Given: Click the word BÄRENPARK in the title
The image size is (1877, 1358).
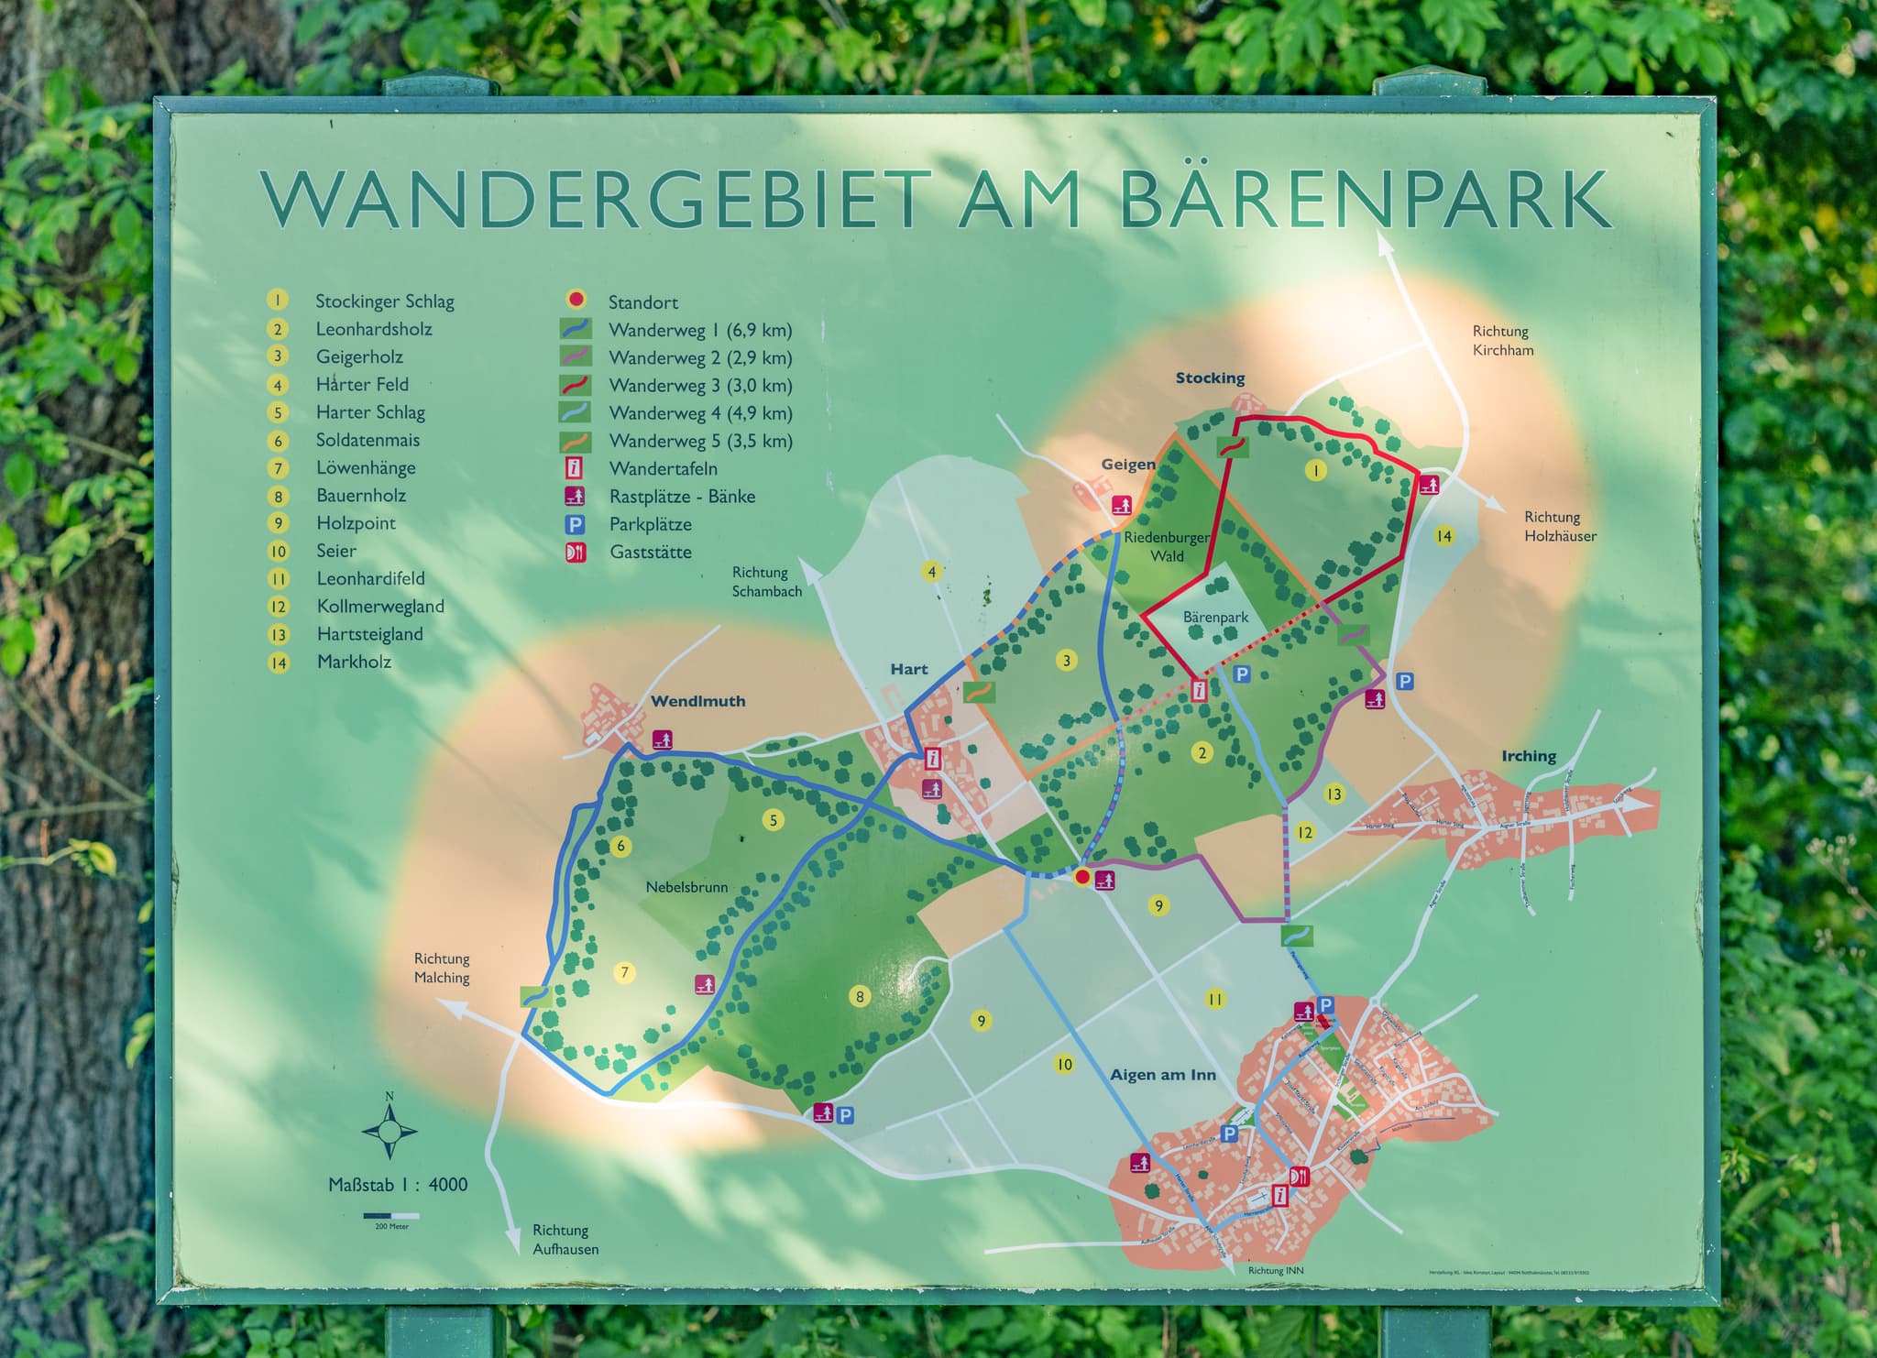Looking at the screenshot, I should [x=1366, y=200].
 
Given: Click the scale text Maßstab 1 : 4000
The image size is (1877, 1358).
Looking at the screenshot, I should [x=398, y=1184].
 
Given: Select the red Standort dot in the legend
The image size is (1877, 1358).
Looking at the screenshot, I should [x=576, y=300].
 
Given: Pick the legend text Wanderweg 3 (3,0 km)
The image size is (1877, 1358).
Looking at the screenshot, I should [x=700, y=385].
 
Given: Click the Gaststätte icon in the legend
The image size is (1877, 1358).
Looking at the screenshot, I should [x=576, y=553].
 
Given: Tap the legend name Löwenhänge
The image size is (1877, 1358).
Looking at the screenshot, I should [x=366, y=468].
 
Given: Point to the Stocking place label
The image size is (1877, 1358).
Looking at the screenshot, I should [x=1210, y=378].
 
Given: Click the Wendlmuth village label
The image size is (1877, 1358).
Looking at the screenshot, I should [x=697, y=701].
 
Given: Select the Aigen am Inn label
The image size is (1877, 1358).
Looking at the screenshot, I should [x=1162, y=1075].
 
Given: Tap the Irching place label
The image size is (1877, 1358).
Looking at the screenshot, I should [x=1528, y=756].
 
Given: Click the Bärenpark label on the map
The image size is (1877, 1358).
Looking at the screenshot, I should [x=1215, y=617].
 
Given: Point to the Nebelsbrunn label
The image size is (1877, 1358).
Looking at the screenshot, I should [x=686, y=887].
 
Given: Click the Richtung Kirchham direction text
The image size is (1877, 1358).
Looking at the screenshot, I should [x=1502, y=340].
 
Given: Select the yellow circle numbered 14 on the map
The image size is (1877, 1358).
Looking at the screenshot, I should [x=1443, y=536].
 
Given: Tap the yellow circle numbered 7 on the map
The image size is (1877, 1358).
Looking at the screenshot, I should [x=624, y=972].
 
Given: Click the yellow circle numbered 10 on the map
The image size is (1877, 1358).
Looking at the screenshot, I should [x=1063, y=1064].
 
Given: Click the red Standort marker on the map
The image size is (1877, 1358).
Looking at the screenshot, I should [x=1081, y=877].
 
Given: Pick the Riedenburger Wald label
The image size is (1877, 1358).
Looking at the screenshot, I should [x=1167, y=546].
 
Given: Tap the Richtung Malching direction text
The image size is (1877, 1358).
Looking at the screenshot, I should [x=442, y=968].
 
